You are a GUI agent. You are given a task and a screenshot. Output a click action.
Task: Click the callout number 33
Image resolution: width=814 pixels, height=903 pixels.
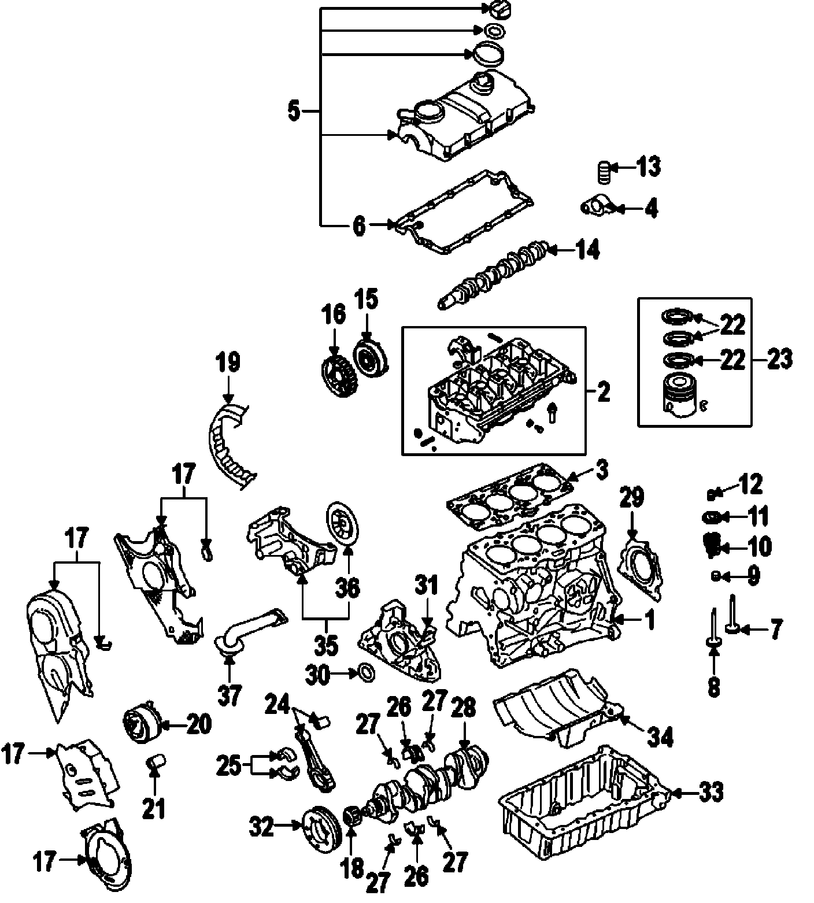[711, 793]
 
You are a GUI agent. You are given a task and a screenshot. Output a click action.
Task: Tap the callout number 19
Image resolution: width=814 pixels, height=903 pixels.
[228, 363]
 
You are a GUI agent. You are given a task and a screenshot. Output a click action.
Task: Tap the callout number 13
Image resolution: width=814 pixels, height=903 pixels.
[648, 167]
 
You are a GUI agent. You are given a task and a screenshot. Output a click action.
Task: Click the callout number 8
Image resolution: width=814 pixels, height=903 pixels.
[714, 686]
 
